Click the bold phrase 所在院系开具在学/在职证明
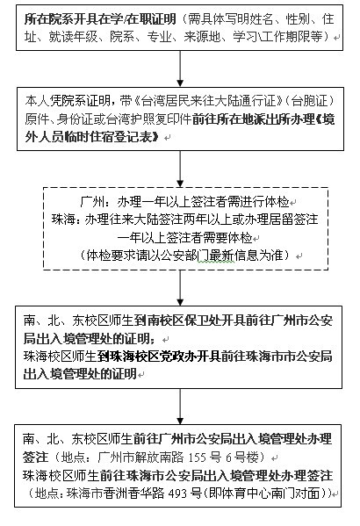point(100,19)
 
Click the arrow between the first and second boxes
point(180,68)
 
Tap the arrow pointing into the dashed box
point(180,169)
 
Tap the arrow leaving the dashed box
point(180,288)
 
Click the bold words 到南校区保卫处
point(190,321)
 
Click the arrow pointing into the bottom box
point(180,407)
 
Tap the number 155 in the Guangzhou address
point(198,458)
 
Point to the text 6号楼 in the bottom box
point(242,458)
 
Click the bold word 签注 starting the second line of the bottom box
point(35,458)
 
